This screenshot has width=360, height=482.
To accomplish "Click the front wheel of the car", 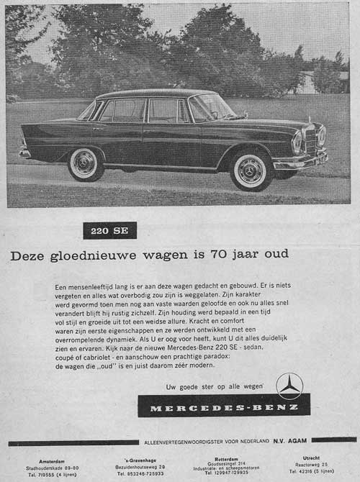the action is (250, 170).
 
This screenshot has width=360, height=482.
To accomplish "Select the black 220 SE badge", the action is (109, 231).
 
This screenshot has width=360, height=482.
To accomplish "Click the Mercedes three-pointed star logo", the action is (289, 386).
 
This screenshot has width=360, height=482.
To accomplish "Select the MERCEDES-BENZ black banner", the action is (224, 407).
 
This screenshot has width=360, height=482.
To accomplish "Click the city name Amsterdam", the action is (53, 460).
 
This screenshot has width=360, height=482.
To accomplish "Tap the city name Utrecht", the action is (311, 458).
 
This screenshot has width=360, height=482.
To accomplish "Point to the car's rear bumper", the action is (24, 153).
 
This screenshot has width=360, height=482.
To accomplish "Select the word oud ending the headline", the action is (275, 254).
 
